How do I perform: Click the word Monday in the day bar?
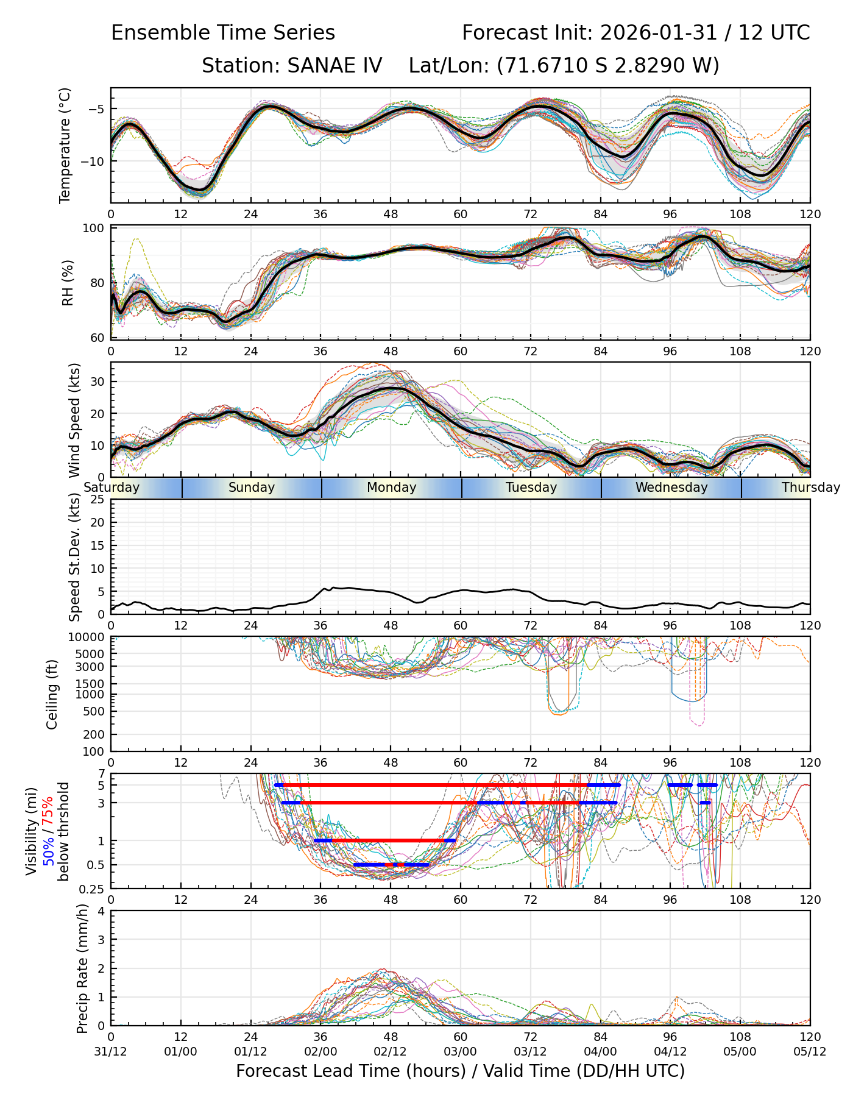pos(391,488)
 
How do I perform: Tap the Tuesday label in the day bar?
pos(531,488)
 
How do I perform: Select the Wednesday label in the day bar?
pos(671,488)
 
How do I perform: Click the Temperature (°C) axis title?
pos(65,145)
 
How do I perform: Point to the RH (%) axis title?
pos(68,283)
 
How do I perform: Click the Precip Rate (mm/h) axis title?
pos(83,968)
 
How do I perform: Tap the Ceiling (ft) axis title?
pos(52,694)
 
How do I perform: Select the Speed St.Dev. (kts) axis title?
pos(74,556)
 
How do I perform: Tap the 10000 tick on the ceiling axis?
pos(87,637)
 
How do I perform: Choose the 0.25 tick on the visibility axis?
pos(91,889)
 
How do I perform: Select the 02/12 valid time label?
pos(391,1052)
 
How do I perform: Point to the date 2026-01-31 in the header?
pos(658,32)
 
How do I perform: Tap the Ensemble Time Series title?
pos(223,32)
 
